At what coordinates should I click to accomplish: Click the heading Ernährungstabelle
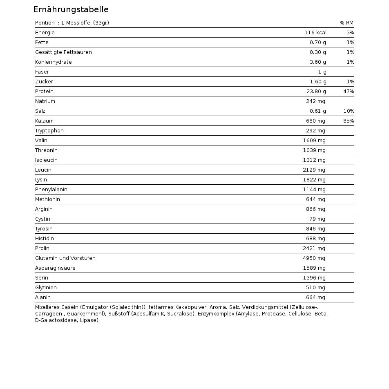(71, 10)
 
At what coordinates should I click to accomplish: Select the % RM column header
(346, 23)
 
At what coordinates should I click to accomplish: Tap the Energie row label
(45, 33)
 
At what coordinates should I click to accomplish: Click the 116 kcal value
(315, 33)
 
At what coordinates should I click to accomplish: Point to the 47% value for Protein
(349, 92)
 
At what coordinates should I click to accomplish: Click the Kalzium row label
(44, 121)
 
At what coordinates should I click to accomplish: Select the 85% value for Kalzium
(349, 121)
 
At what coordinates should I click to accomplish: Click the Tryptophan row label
(49, 131)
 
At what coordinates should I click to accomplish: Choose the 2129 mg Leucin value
(314, 170)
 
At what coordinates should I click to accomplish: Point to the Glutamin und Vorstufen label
(65, 258)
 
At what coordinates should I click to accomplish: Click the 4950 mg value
(314, 258)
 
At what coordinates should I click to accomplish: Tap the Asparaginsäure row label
(55, 268)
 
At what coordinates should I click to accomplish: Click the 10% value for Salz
(349, 111)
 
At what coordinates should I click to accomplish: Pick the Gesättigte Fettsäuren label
(63, 52)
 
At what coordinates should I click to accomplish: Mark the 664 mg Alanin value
(315, 297)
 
